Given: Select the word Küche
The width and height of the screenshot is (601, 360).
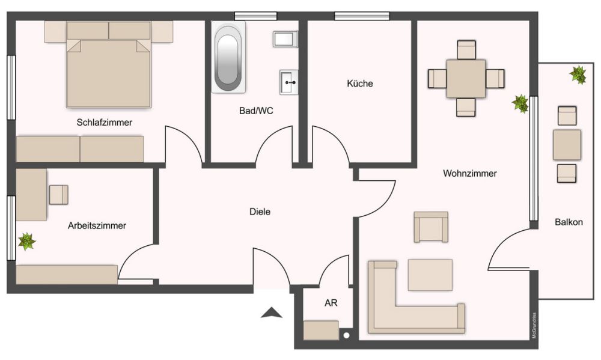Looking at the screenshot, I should (x=359, y=84).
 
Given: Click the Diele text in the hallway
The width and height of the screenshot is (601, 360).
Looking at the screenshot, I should (x=260, y=212).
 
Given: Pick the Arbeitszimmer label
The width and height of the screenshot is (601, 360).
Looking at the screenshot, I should (x=97, y=226).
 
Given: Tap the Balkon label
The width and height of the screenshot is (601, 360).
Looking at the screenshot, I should (x=568, y=222).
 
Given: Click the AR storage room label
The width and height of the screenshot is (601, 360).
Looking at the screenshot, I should (x=331, y=303).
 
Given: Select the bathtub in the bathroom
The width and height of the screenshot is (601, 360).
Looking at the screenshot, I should (x=228, y=57).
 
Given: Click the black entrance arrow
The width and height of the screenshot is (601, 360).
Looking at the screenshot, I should (x=272, y=312).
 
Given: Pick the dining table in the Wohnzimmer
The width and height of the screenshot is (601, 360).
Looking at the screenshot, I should (x=466, y=79).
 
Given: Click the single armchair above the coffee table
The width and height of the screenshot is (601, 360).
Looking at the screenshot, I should (x=431, y=227).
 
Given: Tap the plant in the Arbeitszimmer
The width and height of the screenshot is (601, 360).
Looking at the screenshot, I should (x=26, y=242).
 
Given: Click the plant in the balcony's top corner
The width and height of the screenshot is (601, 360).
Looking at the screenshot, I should (x=578, y=75).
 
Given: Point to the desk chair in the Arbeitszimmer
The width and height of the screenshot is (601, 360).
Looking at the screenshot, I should (x=58, y=194).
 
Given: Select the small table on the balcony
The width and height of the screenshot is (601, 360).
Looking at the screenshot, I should (x=567, y=145).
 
